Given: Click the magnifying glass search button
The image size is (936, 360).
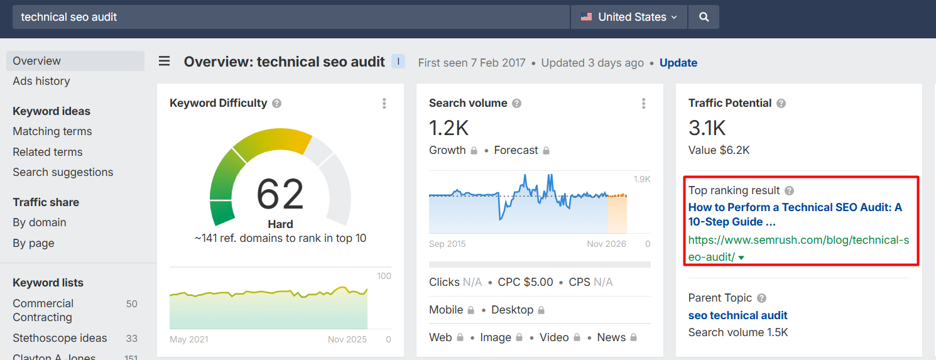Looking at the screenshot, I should [704, 18].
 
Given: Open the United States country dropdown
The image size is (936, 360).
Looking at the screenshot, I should [629, 18].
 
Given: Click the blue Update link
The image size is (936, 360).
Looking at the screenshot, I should [678, 63].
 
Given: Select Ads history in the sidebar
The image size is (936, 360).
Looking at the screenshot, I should [41, 81].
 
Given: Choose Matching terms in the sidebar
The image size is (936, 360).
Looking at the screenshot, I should [52, 131].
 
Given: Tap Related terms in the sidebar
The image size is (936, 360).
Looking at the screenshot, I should [48, 152].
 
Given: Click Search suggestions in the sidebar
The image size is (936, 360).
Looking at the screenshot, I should [63, 172].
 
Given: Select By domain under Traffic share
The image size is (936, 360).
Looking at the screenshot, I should [40, 222].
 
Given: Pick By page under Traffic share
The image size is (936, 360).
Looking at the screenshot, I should [33, 243].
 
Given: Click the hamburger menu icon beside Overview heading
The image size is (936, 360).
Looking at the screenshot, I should [164, 62].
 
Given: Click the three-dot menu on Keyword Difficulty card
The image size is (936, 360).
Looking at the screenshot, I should [384, 104].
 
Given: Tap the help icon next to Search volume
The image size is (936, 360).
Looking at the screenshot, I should [517, 104].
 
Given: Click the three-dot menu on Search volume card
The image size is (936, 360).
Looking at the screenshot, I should [644, 104].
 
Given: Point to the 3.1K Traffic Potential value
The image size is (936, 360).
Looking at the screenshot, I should [707, 128].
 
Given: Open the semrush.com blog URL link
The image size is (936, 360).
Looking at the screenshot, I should [798, 248].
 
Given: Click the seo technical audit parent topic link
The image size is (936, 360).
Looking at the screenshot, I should [737, 315].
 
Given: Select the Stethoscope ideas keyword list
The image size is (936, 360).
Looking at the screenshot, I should [60, 338].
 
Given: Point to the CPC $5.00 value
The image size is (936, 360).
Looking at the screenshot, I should [525, 282].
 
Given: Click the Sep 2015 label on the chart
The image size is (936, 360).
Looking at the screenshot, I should [447, 244].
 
